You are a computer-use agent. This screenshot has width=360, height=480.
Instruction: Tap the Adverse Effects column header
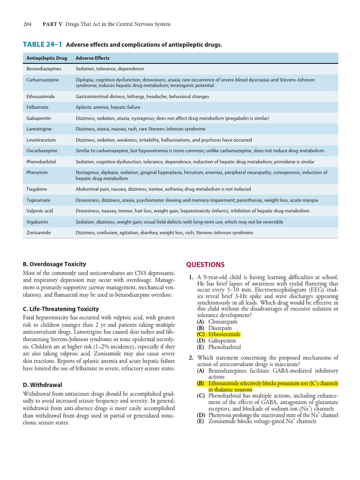[93, 58]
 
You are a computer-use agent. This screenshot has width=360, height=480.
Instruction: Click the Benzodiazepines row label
[44, 68]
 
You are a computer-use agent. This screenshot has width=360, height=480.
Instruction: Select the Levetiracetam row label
[41, 140]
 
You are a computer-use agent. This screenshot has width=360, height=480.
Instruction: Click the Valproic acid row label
[39, 211]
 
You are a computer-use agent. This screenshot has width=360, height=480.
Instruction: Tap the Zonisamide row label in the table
[38, 232]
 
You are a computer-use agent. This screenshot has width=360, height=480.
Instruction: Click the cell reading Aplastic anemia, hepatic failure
[107, 107]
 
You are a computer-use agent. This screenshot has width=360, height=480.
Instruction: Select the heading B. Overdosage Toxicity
[54, 264]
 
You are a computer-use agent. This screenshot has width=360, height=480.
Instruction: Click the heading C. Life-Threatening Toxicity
[61, 309]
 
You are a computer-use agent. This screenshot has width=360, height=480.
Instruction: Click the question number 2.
[191, 358]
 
